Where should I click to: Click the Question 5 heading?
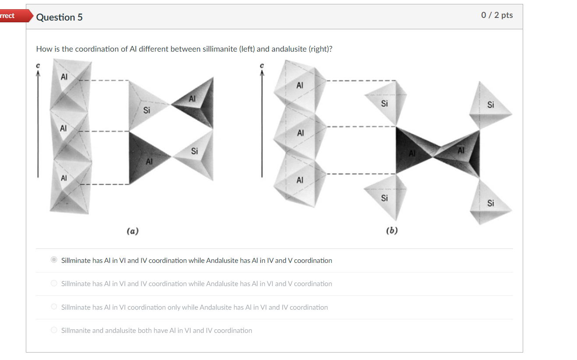pos(59,17)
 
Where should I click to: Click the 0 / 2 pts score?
pos(496,15)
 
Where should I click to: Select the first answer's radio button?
pos(54,260)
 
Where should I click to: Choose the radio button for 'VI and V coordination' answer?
pos(54,283)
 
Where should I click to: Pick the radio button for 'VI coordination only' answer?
pos(54,307)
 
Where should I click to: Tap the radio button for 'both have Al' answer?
pos(54,330)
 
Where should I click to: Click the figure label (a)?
pos(132,231)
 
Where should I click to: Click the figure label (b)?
pos(391,231)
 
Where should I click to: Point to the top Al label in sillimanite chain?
pos(64,77)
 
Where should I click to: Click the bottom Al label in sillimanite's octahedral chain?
pos(64,178)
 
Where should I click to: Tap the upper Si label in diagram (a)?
pos(147,110)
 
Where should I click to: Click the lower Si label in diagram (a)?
pos(194,151)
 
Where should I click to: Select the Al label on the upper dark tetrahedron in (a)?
pos(192,99)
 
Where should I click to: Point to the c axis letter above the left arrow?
pos(38,66)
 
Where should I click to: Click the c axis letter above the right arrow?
pos(262,66)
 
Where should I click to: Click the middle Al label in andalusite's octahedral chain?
pos(300,133)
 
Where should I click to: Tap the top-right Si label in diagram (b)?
pos(490,105)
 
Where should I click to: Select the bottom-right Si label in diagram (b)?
pos(490,203)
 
